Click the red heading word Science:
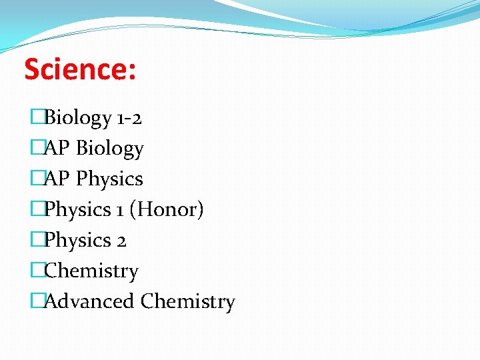(80, 69)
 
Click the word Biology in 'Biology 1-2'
(77, 118)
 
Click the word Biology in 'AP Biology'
(110, 149)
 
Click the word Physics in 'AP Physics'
(109, 179)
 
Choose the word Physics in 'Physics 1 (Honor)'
(77, 210)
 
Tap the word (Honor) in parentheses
(167, 210)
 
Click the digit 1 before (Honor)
(119, 210)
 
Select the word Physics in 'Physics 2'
(77, 241)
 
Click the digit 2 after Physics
(121, 241)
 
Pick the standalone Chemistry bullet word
(91, 271)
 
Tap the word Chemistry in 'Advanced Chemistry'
(188, 302)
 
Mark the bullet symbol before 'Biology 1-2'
(37, 118)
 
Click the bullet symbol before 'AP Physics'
(37, 179)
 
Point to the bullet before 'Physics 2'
(37, 241)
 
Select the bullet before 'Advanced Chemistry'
(37, 301)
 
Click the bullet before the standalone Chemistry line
(37, 271)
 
